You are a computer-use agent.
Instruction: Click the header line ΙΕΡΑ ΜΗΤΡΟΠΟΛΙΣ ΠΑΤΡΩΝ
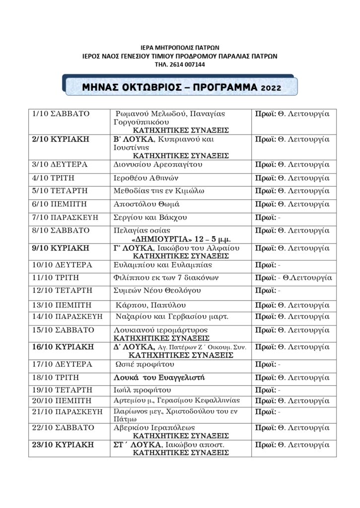(x=180, y=48)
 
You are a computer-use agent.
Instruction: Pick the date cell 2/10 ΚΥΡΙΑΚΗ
(x=60, y=139)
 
